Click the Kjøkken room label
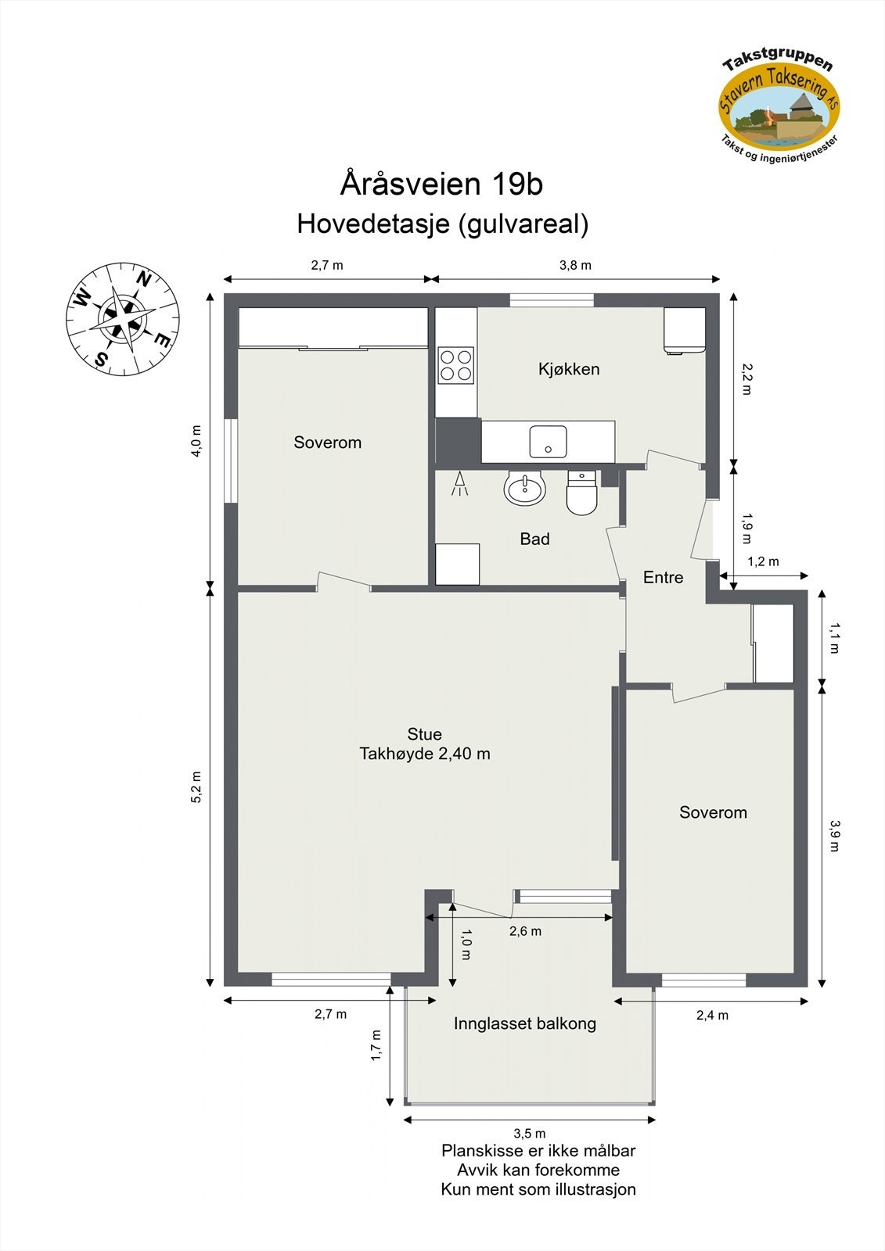click(569, 369)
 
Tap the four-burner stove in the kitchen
click(455, 364)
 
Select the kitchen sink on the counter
click(548, 441)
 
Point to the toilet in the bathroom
click(581, 494)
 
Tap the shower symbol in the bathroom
click(460, 485)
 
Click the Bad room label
click(534, 539)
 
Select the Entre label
click(663, 577)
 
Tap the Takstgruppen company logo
click(779, 102)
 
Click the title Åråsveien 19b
click(441, 185)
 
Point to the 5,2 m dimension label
click(196, 787)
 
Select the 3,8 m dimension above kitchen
click(575, 265)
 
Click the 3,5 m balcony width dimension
click(530, 1133)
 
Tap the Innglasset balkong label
click(524, 1023)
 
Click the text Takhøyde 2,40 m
click(425, 754)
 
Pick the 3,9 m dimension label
click(835, 835)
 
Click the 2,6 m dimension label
click(525, 931)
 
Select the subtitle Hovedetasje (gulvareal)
click(442, 224)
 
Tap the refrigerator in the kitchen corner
click(685, 330)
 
